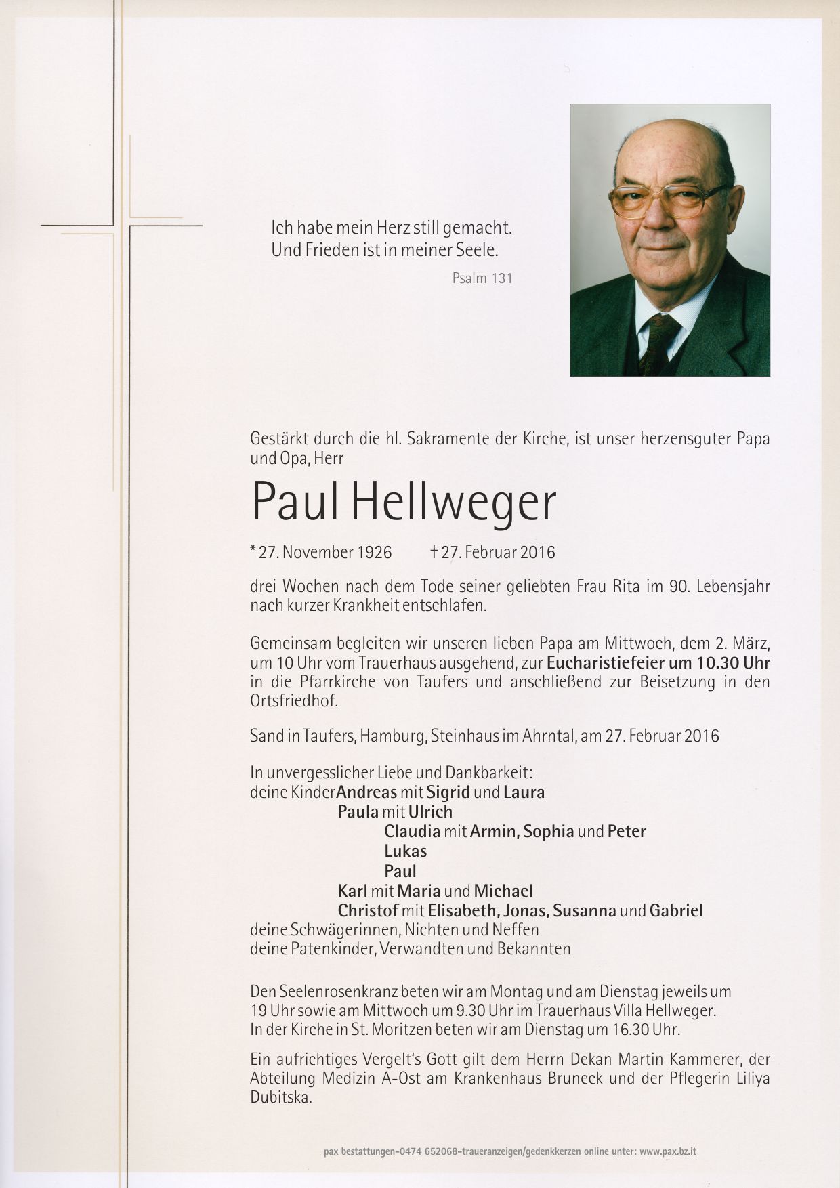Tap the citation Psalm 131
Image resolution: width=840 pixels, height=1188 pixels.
click(x=482, y=278)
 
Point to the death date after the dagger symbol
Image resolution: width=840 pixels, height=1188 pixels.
click(x=498, y=553)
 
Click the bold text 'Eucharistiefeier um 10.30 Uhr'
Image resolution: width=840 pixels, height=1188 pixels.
click(x=658, y=662)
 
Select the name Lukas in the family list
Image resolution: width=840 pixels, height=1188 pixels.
click(x=405, y=851)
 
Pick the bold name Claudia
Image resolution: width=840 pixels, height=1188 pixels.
click(x=412, y=831)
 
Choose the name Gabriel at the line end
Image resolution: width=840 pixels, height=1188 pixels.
click(x=676, y=911)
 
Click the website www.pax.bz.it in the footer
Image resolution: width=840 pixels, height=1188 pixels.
click(x=668, y=1151)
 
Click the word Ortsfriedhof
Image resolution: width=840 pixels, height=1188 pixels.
click(x=293, y=701)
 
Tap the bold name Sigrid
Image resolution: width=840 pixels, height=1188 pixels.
click(x=448, y=792)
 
